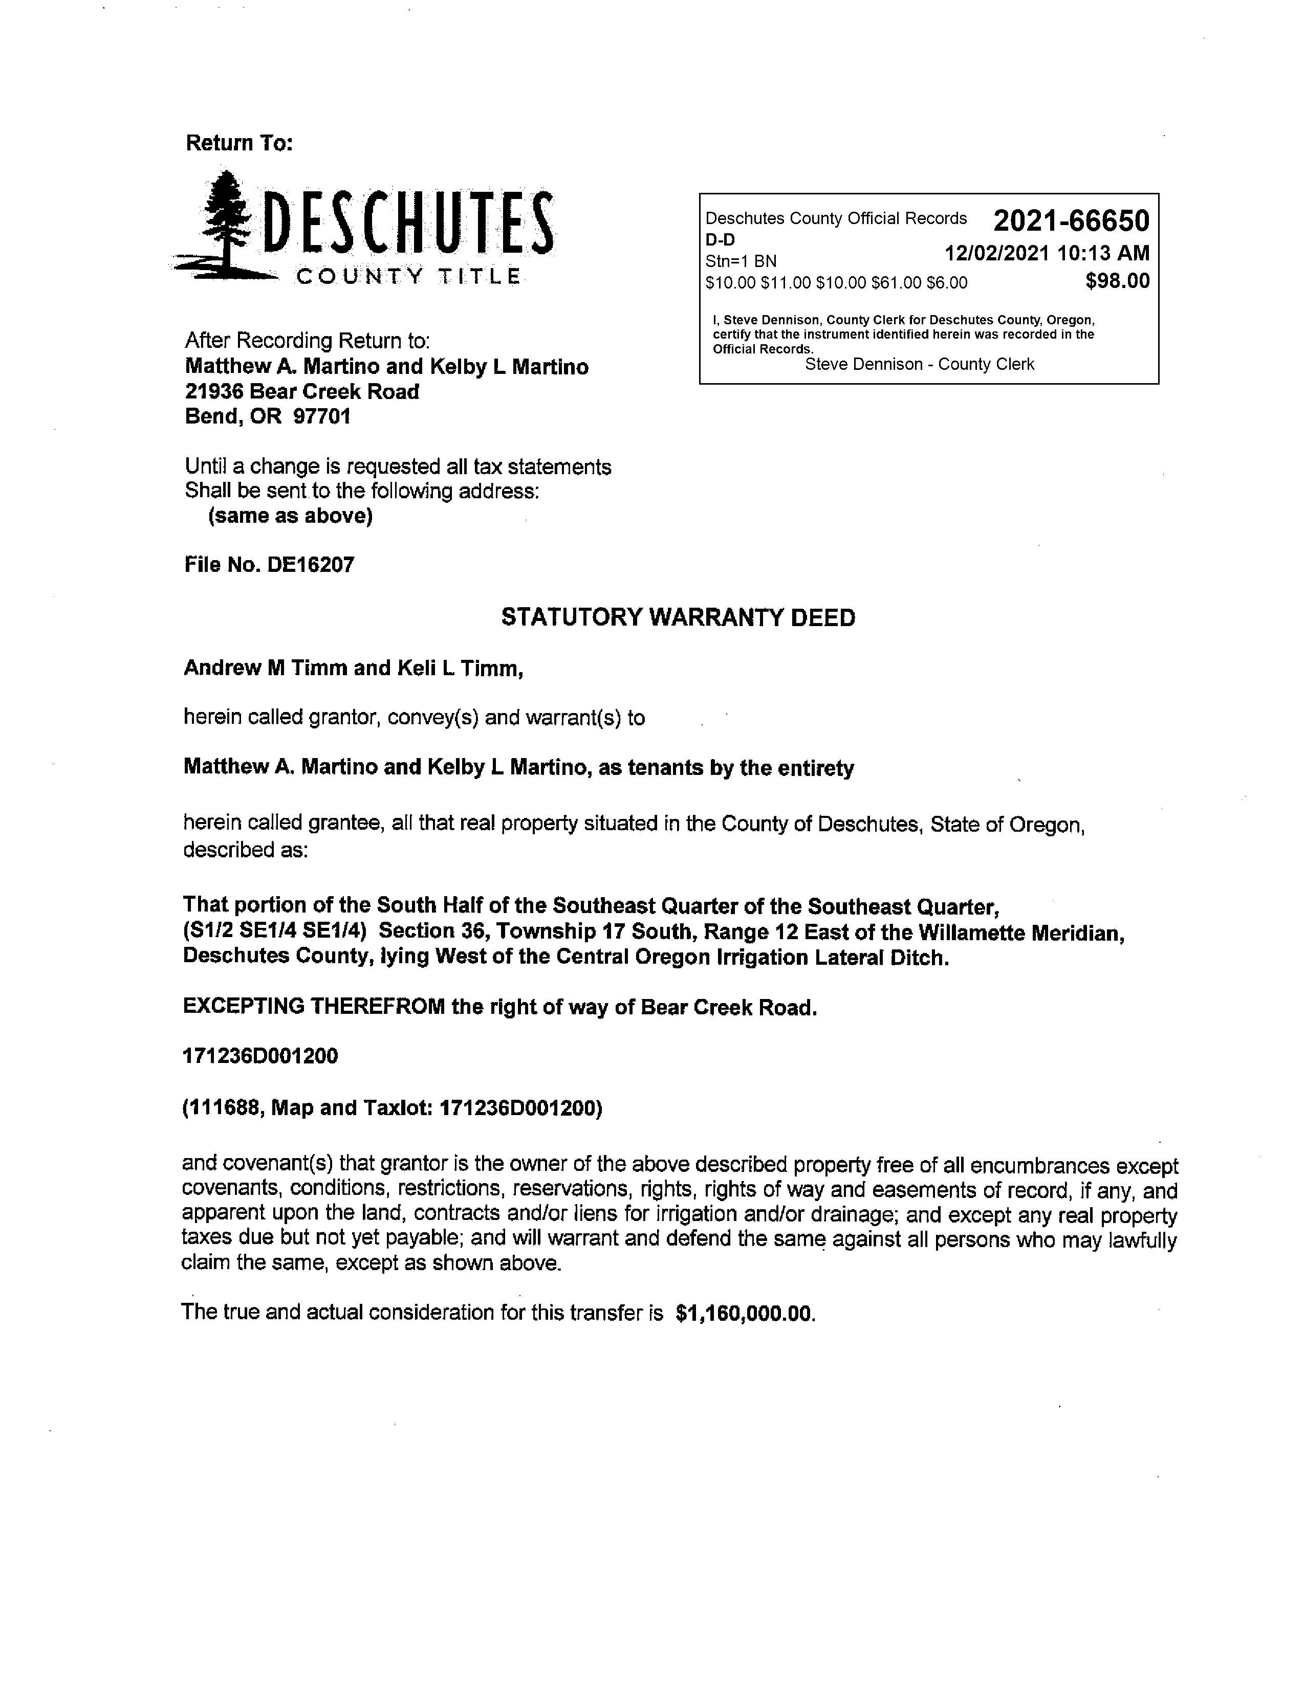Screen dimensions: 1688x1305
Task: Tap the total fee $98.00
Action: tap(1117, 281)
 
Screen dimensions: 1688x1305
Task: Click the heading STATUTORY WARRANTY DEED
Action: tap(678, 617)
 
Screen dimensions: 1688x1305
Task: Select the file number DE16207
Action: tap(310, 565)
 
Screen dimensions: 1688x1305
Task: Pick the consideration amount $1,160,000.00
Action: tap(745, 1313)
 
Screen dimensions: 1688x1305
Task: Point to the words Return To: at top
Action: tap(239, 143)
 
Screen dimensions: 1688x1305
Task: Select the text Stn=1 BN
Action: tap(741, 261)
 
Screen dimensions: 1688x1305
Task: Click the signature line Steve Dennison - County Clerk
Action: tap(919, 364)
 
